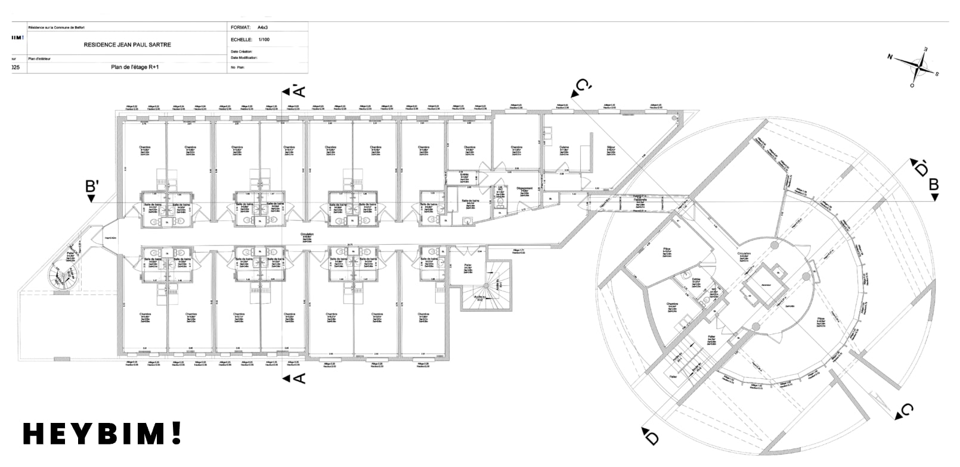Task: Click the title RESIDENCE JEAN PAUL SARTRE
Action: pyautogui.click(x=127, y=45)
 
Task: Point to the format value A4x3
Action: pyautogui.click(x=263, y=27)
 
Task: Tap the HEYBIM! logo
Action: pyautogui.click(x=101, y=434)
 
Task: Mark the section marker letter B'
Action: pyautogui.click(x=91, y=186)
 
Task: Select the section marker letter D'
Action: pyautogui.click(x=919, y=168)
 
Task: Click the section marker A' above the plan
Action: pyautogui.click(x=298, y=91)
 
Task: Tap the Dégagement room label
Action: pyautogui.click(x=525, y=188)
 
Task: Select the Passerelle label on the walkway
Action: pyautogui.click(x=640, y=200)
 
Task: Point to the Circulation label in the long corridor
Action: pyautogui.click(x=307, y=235)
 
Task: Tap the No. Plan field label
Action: pyautogui.click(x=237, y=68)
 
